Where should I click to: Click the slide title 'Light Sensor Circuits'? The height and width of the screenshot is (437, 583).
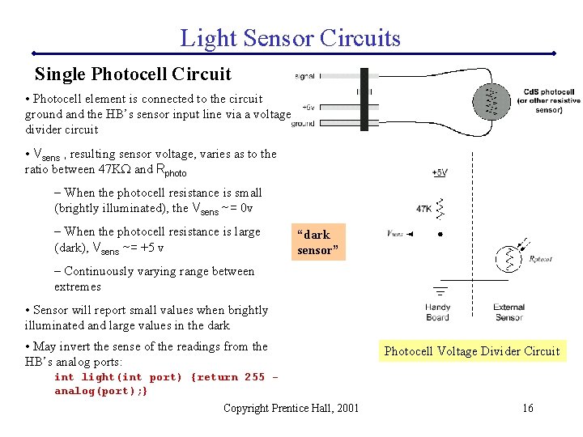click(x=290, y=37)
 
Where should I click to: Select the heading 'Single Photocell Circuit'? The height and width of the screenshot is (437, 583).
click(x=133, y=74)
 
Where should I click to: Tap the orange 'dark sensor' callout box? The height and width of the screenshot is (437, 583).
click(x=319, y=242)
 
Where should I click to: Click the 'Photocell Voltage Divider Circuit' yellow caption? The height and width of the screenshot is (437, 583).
click(x=472, y=351)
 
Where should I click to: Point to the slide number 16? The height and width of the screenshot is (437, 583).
click(x=527, y=408)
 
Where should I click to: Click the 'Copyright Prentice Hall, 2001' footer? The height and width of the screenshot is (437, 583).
click(x=291, y=408)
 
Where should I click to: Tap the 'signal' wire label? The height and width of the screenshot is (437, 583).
click(x=305, y=76)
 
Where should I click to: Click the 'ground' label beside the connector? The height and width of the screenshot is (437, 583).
click(x=303, y=124)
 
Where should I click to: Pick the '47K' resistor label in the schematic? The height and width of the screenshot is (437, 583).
click(x=423, y=208)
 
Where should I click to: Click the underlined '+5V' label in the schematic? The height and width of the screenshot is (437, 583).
click(x=440, y=172)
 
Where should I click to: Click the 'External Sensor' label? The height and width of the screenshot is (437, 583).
click(x=509, y=312)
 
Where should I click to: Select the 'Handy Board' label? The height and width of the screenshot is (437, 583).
click(x=437, y=312)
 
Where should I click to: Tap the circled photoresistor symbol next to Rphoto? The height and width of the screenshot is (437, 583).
click(x=509, y=257)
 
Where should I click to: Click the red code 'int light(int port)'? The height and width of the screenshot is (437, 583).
click(x=118, y=377)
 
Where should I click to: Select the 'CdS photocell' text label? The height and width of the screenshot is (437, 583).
click(x=549, y=92)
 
